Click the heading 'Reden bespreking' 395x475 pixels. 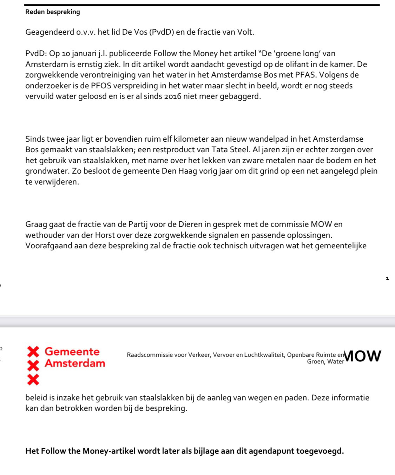click(53, 12)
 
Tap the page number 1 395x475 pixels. click(387, 278)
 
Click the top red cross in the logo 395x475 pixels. click(33, 351)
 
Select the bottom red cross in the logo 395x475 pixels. click(33, 379)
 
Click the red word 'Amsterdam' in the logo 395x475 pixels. click(75, 363)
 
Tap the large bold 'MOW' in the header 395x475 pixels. click(363, 356)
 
